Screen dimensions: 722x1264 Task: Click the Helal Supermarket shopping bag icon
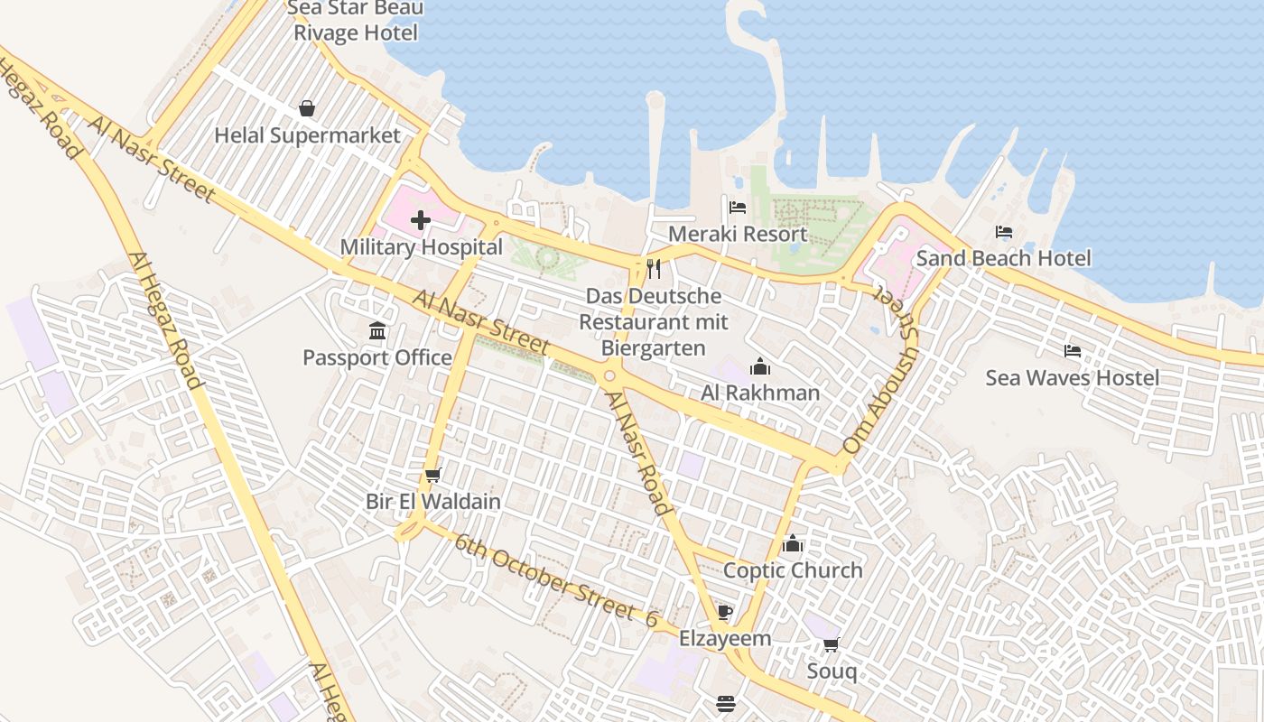click(307, 108)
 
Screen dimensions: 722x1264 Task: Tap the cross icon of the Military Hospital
click(421, 219)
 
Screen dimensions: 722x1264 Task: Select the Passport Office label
click(377, 357)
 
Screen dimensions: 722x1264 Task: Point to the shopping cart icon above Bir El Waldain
click(432, 475)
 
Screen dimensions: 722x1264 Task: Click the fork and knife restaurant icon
click(654, 268)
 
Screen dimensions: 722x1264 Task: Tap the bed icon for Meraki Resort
click(738, 208)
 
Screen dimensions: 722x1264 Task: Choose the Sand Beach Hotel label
click(1003, 259)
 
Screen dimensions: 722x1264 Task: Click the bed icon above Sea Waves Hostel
click(1072, 351)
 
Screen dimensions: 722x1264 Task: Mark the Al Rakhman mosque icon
click(760, 366)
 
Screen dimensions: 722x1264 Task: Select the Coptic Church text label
click(793, 570)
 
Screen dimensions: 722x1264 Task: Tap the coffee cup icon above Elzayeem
click(724, 613)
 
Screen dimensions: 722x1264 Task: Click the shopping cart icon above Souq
click(831, 644)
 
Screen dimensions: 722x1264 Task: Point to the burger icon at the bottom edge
click(726, 703)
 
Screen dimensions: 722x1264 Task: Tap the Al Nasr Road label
click(638, 452)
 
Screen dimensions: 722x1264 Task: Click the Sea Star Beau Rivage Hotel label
click(355, 21)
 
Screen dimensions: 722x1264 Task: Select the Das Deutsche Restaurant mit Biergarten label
click(653, 321)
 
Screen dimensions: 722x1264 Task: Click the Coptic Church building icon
click(793, 543)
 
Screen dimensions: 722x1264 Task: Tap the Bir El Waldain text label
click(432, 501)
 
